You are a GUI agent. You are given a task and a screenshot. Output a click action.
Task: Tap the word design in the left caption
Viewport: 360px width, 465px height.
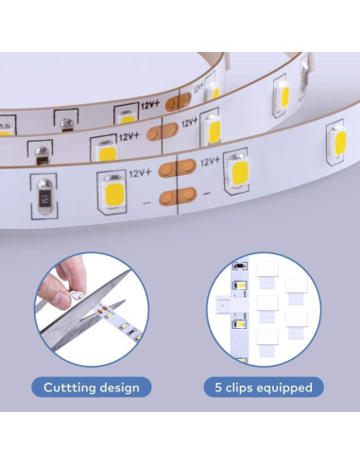pyautogui.click(x=123, y=387)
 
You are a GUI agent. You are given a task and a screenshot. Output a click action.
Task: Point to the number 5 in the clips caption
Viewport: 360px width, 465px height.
pyautogui.click(x=218, y=387)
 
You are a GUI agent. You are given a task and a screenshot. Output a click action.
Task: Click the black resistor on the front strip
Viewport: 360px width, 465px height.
pyautogui.click(x=42, y=198)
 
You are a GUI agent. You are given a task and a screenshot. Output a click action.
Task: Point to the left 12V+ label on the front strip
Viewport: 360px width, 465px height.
pyautogui.click(x=140, y=173)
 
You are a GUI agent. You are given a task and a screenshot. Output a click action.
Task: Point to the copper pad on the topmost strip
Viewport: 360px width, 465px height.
pyautogui.click(x=171, y=101)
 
